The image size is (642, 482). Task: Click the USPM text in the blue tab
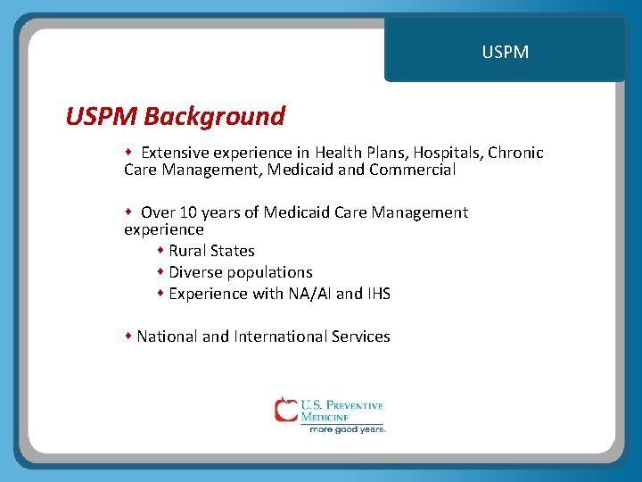point(505,53)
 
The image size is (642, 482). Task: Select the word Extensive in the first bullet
point(174,153)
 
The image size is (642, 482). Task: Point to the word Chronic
point(515,153)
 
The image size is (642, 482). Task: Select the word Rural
point(188,251)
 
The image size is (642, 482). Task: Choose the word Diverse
point(195,272)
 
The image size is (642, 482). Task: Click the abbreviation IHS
point(379,294)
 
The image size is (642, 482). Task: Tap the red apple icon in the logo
point(285,410)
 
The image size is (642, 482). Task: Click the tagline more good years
point(347,429)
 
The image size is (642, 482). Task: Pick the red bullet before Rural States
point(161,251)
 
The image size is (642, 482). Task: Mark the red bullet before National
point(129,337)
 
